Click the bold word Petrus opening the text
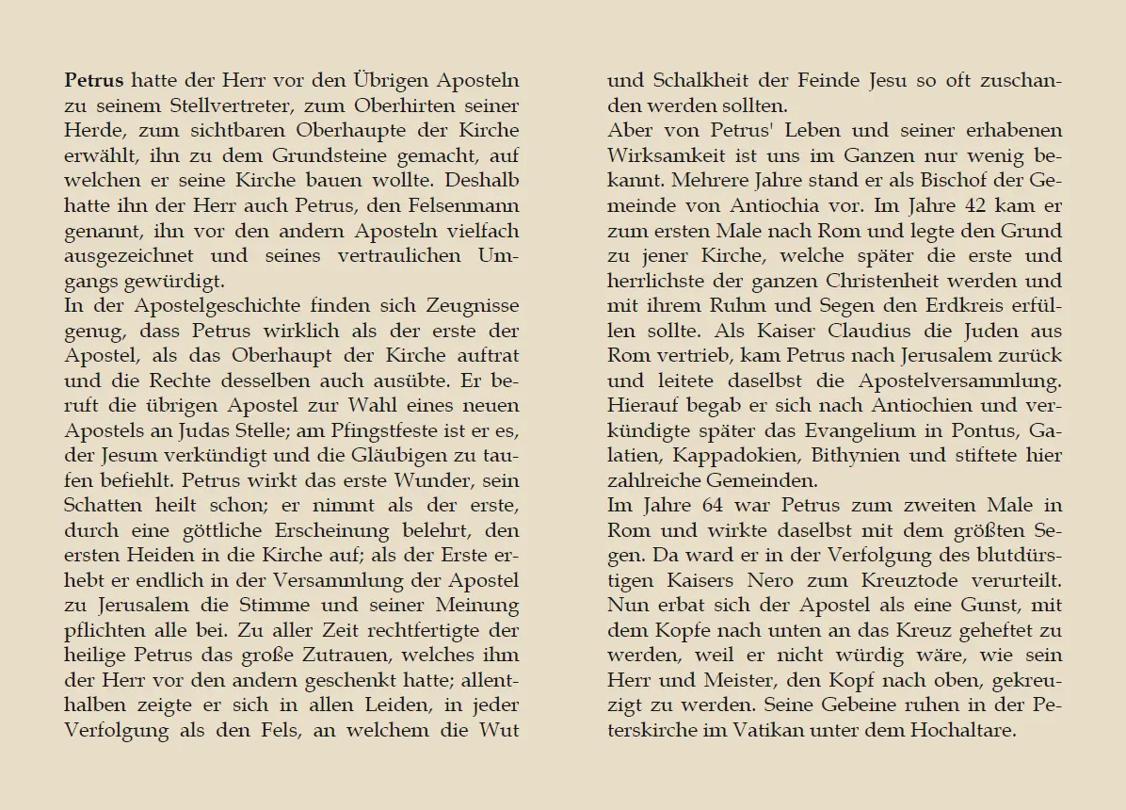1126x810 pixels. tap(94, 81)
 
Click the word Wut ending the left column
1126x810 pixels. tap(499, 729)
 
